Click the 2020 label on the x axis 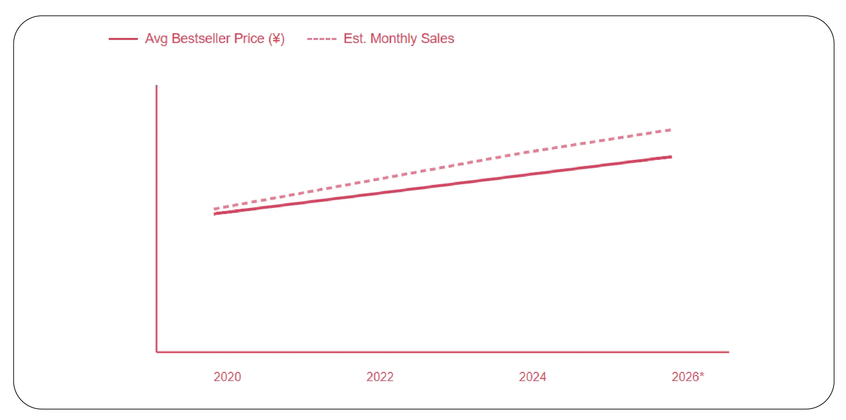(x=227, y=377)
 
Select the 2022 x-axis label (x=380, y=377)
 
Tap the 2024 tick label (x=532, y=377)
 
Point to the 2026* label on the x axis (x=687, y=377)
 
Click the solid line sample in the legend (x=123, y=39)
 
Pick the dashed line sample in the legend (x=322, y=39)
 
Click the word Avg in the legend (x=156, y=39)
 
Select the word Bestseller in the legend (x=201, y=39)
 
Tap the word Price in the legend (x=249, y=39)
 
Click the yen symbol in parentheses (x=276, y=39)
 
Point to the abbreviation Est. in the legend (x=355, y=39)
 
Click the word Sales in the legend (x=437, y=39)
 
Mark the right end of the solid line (x=671, y=157)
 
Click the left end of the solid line (x=214, y=214)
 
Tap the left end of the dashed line (x=214, y=209)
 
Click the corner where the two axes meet (x=157, y=352)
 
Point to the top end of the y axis (x=157, y=86)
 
